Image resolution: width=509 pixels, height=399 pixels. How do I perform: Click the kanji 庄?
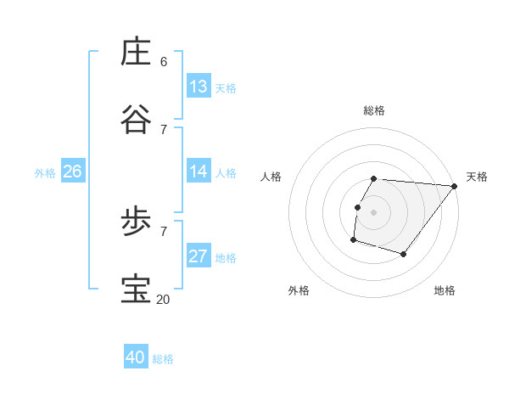137,52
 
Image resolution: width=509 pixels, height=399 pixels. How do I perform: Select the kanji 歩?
137,222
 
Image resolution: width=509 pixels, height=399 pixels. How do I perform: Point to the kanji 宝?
137,289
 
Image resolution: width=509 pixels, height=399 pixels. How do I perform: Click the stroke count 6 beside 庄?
164,62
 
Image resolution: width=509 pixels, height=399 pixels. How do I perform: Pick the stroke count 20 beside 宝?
164,299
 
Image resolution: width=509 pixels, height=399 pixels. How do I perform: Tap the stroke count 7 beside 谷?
164,129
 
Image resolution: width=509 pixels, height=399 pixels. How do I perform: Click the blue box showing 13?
199,87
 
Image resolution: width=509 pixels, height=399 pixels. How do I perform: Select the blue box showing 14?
199,171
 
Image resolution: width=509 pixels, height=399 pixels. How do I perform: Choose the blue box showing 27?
199,256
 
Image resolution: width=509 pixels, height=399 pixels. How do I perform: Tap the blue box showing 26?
72,171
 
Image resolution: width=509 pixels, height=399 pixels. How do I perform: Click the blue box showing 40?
136,357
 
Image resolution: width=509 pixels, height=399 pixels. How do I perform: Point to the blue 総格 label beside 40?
163,359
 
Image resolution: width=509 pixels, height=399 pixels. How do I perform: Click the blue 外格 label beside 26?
45,173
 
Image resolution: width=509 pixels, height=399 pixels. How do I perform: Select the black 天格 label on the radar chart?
477,177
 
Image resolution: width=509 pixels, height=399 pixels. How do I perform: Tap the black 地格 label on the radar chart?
445,290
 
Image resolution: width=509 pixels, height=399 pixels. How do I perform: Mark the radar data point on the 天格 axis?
455,186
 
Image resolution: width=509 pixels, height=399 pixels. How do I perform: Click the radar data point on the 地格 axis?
404,254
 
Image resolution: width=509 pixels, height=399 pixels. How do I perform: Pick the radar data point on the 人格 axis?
357,207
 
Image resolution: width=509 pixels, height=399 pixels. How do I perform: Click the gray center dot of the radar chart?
374,212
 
